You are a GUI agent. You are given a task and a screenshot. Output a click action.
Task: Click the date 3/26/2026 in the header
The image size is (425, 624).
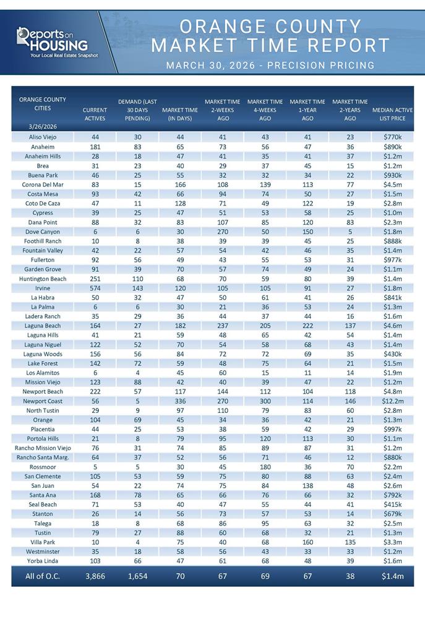tap(43, 127)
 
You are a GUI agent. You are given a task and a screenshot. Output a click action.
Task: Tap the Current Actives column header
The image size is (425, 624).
tap(95, 114)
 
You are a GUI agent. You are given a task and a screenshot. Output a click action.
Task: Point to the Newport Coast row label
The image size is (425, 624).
tap(43, 401)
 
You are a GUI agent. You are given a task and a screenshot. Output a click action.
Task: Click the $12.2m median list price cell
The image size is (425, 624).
tap(393, 401)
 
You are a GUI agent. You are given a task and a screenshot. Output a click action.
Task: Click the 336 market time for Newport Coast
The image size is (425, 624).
tap(179, 401)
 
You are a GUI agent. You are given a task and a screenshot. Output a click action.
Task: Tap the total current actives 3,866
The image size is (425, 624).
tap(95, 576)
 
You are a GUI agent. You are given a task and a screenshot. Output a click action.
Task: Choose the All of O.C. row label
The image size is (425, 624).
tap(43, 576)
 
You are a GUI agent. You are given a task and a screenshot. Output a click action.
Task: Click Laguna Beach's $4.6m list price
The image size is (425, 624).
tap(393, 326)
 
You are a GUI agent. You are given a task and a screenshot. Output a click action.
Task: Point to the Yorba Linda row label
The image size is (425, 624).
tap(43, 561)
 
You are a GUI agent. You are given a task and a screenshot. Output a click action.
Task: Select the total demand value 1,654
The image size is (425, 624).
tap(137, 576)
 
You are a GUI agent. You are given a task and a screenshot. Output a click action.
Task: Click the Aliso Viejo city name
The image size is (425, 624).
tap(43, 137)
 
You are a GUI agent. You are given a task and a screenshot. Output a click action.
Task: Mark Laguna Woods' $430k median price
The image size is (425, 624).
tap(393, 354)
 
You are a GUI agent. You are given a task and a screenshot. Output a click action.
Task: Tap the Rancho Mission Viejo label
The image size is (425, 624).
tap(43, 448)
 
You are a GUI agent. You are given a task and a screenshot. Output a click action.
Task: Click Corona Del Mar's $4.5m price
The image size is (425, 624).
tap(393, 184)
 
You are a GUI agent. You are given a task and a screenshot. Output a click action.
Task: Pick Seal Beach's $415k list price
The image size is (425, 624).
tap(393, 505)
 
